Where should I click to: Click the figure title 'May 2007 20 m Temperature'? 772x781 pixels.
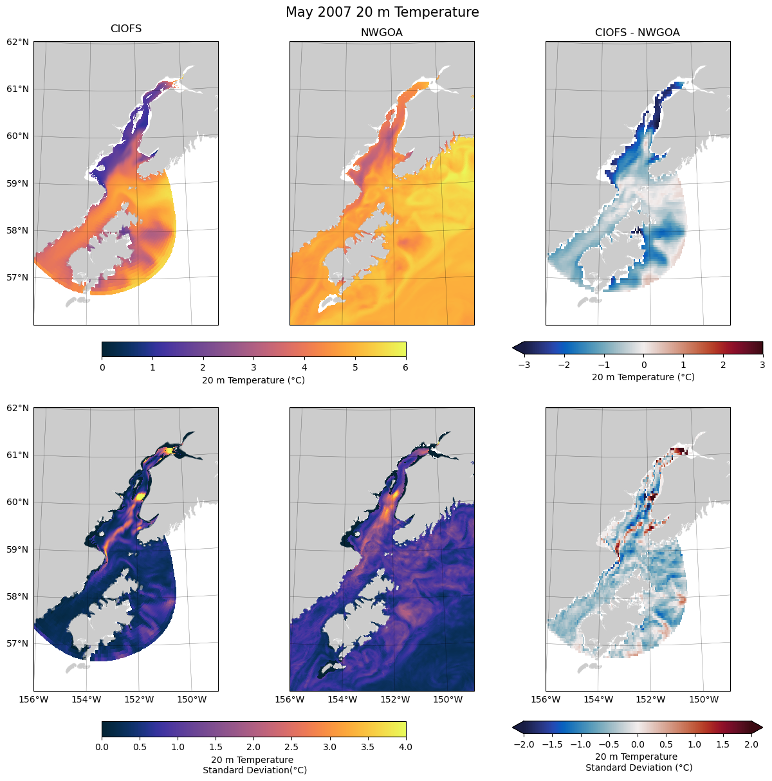pyautogui.click(x=382, y=12)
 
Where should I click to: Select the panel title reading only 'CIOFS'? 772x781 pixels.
pyautogui.click(x=126, y=29)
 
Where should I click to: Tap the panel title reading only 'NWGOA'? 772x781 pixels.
pyautogui.click(x=381, y=33)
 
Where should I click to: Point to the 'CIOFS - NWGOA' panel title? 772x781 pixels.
pyautogui.click(x=637, y=33)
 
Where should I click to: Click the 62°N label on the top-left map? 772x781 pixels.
pyautogui.click(x=18, y=42)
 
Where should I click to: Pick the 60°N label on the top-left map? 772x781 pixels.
pyautogui.click(x=18, y=136)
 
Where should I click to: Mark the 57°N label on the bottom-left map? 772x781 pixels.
pyautogui.click(x=18, y=643)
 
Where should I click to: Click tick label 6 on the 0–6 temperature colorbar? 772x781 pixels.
pyautogui.click(x=405, y=368)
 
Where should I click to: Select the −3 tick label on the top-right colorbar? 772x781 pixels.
pyautogui.click(x=523, y=365)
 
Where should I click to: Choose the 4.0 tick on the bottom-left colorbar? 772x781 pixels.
pyautogui.click(x=405, y=747)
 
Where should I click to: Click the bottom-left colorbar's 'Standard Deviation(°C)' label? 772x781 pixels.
pyautogui.click(x=254, y=770)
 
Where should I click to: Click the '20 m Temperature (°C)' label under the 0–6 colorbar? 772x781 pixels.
pyautogui.click(x=253, y=380)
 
